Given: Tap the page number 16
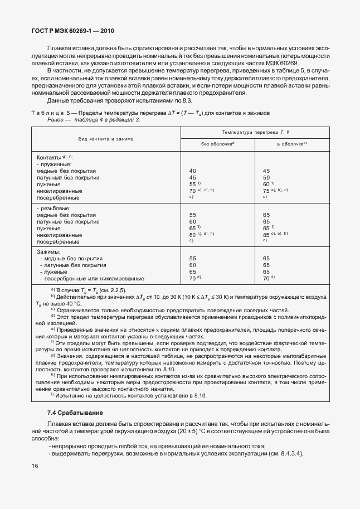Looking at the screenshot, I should tap(35, 466).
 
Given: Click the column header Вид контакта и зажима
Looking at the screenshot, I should tap(106, 138).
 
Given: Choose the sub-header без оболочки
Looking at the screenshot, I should tap(218, 144).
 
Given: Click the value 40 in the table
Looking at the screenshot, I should tap(193, 171).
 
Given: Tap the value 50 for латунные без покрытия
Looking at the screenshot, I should tap(266, 177).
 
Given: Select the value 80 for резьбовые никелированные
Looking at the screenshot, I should tap(193, 235).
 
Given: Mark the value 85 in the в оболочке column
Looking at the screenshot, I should tap(266, 235).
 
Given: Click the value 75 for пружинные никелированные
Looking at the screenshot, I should tap(266, 191).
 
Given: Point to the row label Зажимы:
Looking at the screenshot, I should tap(48, 252).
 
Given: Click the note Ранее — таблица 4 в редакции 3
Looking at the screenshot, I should tap(94, 119).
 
